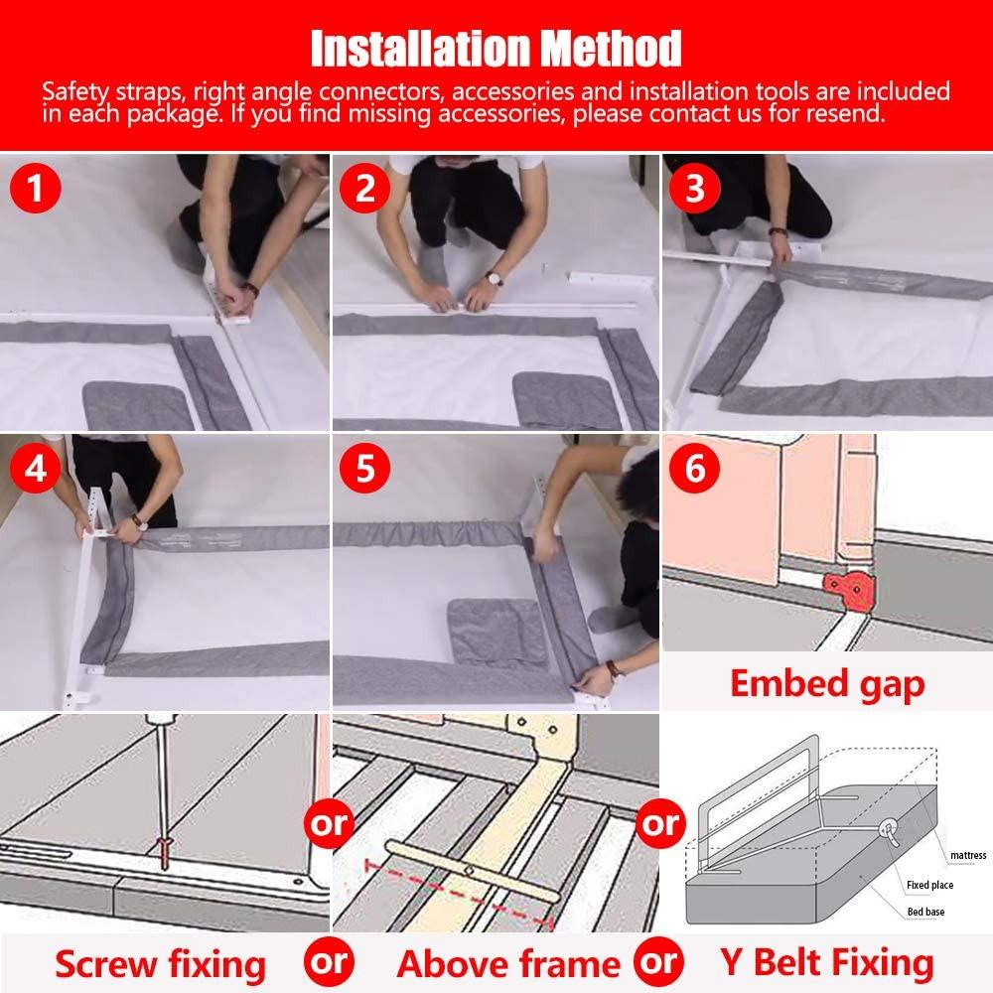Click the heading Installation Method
click(496, 47)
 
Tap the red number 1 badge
click(36, 188)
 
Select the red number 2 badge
click(365, 188)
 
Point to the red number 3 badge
click(695, 188)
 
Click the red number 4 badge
click(36, 468)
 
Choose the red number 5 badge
click(365, 468)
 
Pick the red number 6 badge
click(695, 468)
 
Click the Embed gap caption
click(827, 683)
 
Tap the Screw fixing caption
click(161, 963)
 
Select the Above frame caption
click(508, 963)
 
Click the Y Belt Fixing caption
click(826, 963)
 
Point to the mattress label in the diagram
click(966, 855)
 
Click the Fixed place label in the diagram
click(931, 884)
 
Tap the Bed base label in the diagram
click(927, 912)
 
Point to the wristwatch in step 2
click(494, 279)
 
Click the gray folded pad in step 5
click(496, 631)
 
